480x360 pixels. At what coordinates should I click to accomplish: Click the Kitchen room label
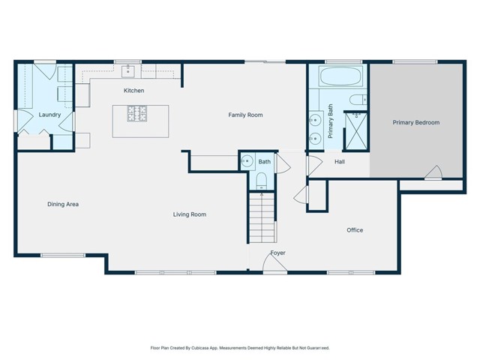[134, 91]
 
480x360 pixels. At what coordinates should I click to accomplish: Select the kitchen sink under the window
[127, 70]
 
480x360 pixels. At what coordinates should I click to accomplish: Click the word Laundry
[49, 115]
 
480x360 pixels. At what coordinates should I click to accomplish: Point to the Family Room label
[245, 115]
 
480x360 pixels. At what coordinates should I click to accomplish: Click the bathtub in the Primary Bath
[343, 77]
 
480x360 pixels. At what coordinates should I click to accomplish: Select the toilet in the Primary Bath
[357, 99]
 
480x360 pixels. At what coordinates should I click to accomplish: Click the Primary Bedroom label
[416, 122]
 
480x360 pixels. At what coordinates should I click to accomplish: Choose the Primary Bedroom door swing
[433, 173]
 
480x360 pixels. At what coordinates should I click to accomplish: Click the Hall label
[340, 161]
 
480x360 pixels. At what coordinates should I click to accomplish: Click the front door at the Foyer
[275, 263]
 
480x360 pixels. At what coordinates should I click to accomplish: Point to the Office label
[355, 230]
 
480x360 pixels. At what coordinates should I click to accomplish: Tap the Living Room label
[189, 214]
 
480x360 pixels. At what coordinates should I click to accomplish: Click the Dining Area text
[63, 204]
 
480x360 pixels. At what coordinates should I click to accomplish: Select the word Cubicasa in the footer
[215, 348]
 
